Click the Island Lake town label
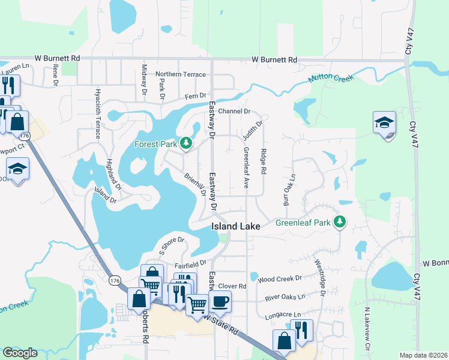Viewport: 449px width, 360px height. pos(235,226)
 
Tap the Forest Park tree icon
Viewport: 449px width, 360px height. pos(186,143)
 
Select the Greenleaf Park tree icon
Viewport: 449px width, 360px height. pos(340,223)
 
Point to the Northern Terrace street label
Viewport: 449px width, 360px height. pos(180,74)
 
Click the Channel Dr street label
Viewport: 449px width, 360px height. pos(234,112)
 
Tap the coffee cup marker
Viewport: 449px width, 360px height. pos(220,302)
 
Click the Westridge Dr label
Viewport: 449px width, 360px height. pos(320,277)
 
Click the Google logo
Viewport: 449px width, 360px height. pos(20,353)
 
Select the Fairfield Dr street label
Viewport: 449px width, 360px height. pos(190,263)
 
